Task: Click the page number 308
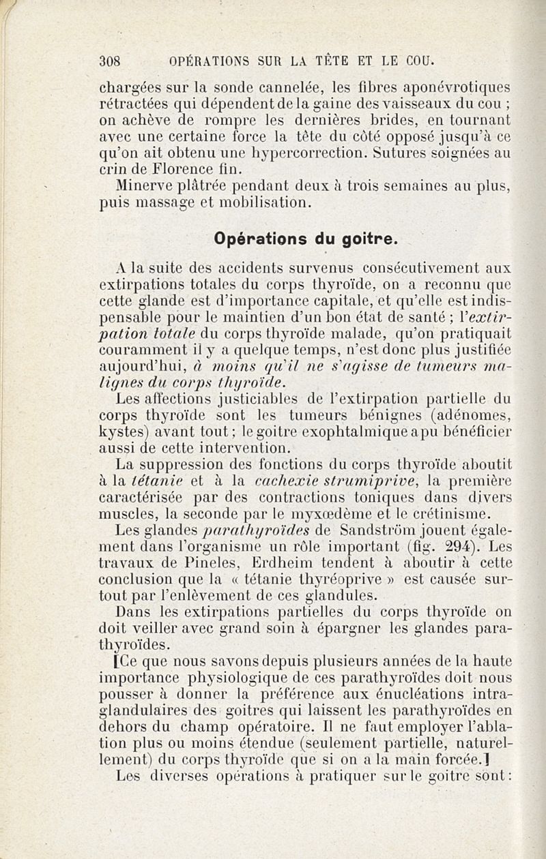110,60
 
